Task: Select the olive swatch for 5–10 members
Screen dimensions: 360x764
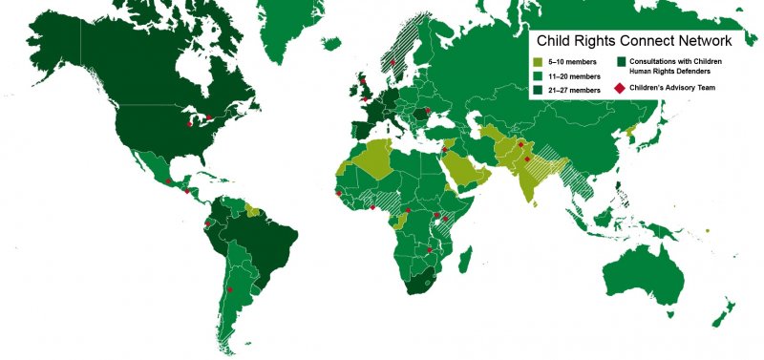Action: (x=539, y=61)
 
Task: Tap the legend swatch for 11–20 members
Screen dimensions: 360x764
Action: (x=539, y=74)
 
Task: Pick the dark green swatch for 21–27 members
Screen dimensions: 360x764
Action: (x=539, y=88)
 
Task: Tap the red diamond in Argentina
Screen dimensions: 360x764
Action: (x=229, y=290)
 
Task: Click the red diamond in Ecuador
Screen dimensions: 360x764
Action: (x=207, y=224)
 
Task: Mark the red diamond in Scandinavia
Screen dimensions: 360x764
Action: (x=393, y=63)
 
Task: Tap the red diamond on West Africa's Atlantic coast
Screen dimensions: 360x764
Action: (x=337, y=193)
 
